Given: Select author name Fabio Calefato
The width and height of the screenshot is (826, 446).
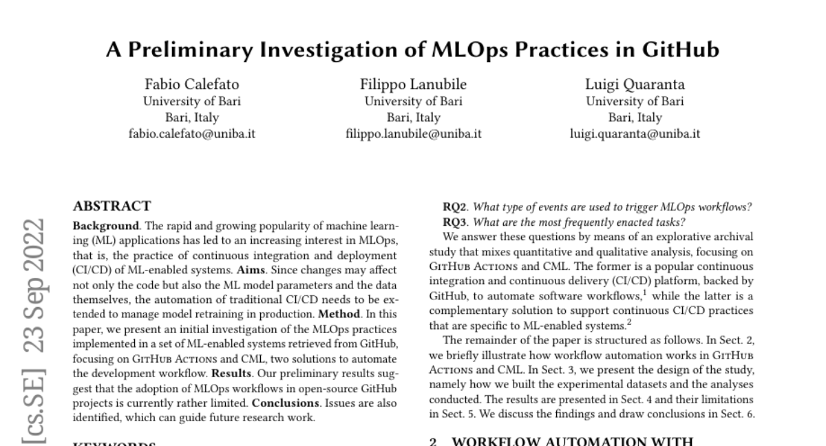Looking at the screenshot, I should [x=192, y=85].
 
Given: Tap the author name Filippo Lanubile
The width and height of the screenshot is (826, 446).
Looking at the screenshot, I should [x=413, y=85].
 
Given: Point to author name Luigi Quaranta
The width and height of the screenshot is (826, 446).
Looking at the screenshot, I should [x=635, y=85].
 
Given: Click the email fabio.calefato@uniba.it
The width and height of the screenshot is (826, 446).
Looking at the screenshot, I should [x=192, y=134].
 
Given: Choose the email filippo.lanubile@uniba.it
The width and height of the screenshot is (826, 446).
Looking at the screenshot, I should [x=413, y=134].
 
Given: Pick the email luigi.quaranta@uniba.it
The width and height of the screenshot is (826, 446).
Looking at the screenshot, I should [x=635, y=134].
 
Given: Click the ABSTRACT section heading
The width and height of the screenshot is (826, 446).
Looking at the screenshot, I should [x=112, y=206].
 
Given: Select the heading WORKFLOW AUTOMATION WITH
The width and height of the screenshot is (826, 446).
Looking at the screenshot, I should [x=572, y=441].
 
